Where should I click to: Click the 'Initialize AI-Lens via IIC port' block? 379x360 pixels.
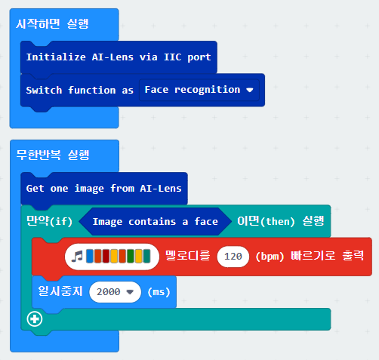click(x=119, y=57)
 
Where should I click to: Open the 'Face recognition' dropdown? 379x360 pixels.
click(x=199, y=90)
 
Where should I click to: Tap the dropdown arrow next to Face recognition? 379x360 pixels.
click(x=250, y=90)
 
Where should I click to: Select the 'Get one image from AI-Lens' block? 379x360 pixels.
click(x=104, y=189)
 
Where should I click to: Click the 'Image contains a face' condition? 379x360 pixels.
click(x=155, y=222)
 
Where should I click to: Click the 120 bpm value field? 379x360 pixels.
click(x=233, y=257)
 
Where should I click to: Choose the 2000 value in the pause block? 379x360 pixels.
click(x=115, y=292)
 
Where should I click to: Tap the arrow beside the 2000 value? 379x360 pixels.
click(x=130, y=292)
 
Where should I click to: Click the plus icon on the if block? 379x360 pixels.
click(x=35, y=319)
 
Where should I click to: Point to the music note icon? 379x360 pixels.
click(x=77, y=257)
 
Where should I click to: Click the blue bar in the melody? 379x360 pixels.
click(x=90, y=257)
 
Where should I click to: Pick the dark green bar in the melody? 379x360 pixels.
click(x=131, y=257)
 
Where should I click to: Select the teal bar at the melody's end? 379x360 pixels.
click(x=146, y=257)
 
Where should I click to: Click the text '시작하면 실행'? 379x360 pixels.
click(x=52, y=24)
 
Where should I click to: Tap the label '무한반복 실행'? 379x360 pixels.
click(x=53, y=155)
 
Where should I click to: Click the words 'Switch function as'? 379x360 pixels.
click(x=79, y=90)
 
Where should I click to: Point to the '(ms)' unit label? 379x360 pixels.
click(x=159, y=292)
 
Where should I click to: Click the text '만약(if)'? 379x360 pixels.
click(x=49, y=221)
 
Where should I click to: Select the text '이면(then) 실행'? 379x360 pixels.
click(x=281, y=221)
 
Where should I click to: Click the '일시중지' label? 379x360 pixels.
click(x=60, y=291)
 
